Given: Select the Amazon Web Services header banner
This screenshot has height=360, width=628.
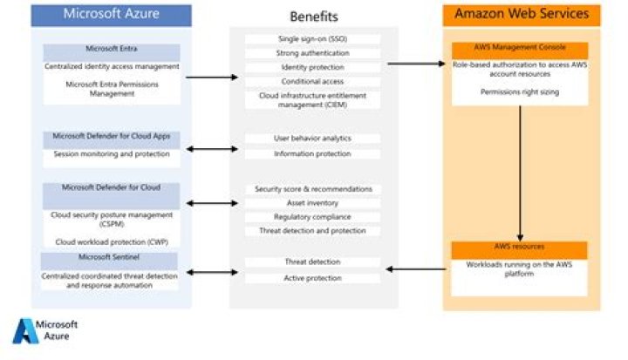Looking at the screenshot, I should point(522,15).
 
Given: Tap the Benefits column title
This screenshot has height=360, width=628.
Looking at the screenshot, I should point(313,17).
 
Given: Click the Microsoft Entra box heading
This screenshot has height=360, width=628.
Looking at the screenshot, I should point(112,49).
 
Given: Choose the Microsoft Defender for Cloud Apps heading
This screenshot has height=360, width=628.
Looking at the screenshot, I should point(111,137).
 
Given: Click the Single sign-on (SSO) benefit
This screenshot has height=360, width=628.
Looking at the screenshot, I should point(312,39).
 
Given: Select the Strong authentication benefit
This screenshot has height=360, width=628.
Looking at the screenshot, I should point(312,54).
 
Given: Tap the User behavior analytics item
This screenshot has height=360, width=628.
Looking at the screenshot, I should point(312,139).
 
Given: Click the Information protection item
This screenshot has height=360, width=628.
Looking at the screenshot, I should point(312,154).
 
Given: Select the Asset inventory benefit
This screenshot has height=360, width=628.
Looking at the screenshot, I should point(312,203).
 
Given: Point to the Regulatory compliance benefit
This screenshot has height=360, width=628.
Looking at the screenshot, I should point(312,217).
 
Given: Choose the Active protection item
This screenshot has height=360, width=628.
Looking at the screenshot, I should point(312,278).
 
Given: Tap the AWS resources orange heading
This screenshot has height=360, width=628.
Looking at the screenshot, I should point(520,248).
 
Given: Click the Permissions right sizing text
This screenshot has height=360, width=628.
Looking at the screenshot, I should point(520,92).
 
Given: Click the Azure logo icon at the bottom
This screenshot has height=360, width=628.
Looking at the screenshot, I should point(24,332).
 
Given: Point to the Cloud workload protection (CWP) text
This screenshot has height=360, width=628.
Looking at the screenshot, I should point(111,241).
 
